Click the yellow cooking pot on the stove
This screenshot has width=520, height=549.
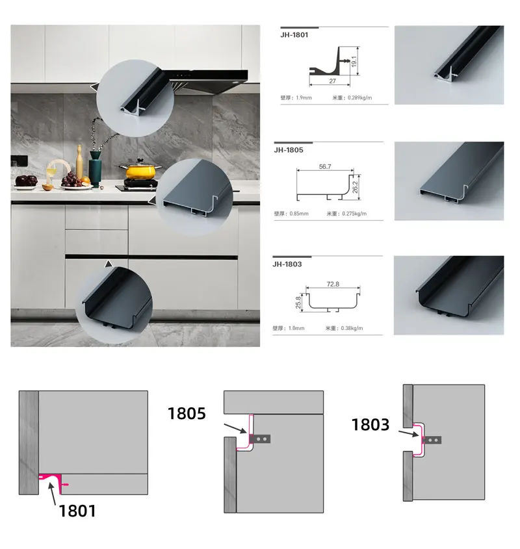pos(138,171)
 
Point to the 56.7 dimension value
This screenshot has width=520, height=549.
pos(325,166)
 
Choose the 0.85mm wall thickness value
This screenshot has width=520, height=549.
pos(299,213)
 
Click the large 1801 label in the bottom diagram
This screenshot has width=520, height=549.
pos(77,510)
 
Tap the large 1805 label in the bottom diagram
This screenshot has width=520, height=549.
pos(187,413)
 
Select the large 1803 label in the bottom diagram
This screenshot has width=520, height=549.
pos(370,425)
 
